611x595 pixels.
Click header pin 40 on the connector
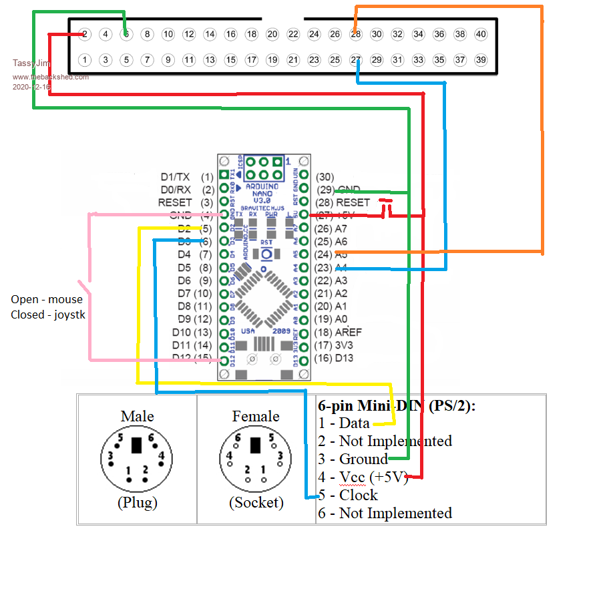pyautogui.click(x=480, y=34)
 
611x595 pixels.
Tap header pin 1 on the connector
pyautogui.click(x=84, y=60)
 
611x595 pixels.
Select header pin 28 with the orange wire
pyautogui.click(x=356, y=34)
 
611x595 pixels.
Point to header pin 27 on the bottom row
pyautogui.click(x=356, y=60)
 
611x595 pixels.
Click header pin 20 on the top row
pyautogui.click(x=272, y=34)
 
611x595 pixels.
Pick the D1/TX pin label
pyautogui.click(x=175, y=177)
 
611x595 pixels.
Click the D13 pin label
pyautogui.click(x=344, y=359)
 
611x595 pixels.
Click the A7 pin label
pyautogui.click(x=341, y=228)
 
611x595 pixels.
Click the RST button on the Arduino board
pyautogui.click(x=266, y=253)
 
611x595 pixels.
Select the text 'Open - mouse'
pyautogui.click(x=47, y=299)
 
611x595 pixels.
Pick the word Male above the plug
pyautogui.click(x=137, y=417)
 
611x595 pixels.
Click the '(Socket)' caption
pyautogui.click(x=256, y=502)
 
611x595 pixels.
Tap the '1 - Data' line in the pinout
pyautogui.click(x=345, y=423)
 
